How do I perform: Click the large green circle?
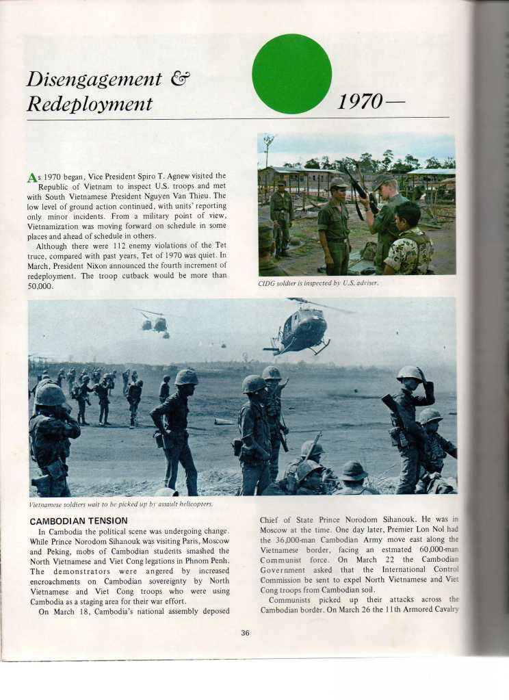point(291,73)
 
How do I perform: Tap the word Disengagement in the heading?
point(94,79)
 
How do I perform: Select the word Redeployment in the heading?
point(89,104)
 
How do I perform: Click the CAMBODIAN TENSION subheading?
point(79,521)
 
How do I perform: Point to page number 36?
point(245,632)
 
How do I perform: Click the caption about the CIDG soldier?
point(318,283)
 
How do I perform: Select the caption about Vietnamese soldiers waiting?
point(120,504)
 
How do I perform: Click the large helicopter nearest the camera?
point(301,328)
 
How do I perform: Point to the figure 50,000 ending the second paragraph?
point(40,285)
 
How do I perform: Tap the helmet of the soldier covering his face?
point(409,373)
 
